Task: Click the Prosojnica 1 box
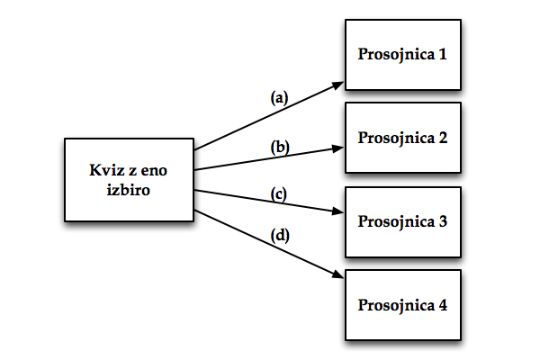pyautogui.click(x=403, y=55)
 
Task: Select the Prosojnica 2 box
pyautogui.click(x=403, y=138)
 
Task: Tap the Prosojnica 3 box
pyautogui.click(x=403, y=220)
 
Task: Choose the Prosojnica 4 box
pyautogui.click(x=403, y=304)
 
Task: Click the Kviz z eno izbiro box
pyautogui.click(x=130, y=179)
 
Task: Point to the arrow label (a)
pyautogui.click(x=280, y=97)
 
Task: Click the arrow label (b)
pyautogui.click(x=280, y=147)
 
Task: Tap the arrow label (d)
pyautogui.click(x=280, y=237)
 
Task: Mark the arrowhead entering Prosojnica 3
pyautogui.click(x=339, y=212)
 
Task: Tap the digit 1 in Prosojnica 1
pyautogui.click(x=442, y=55)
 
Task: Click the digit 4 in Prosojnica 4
pyautogui.click(x=442, y=304)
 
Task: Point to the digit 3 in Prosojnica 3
pyautogui.click(x=442, y=220)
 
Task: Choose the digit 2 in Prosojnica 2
pyautogui.click(x=442, y=138)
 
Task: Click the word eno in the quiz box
pyautogui.click(x=157, y=170)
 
